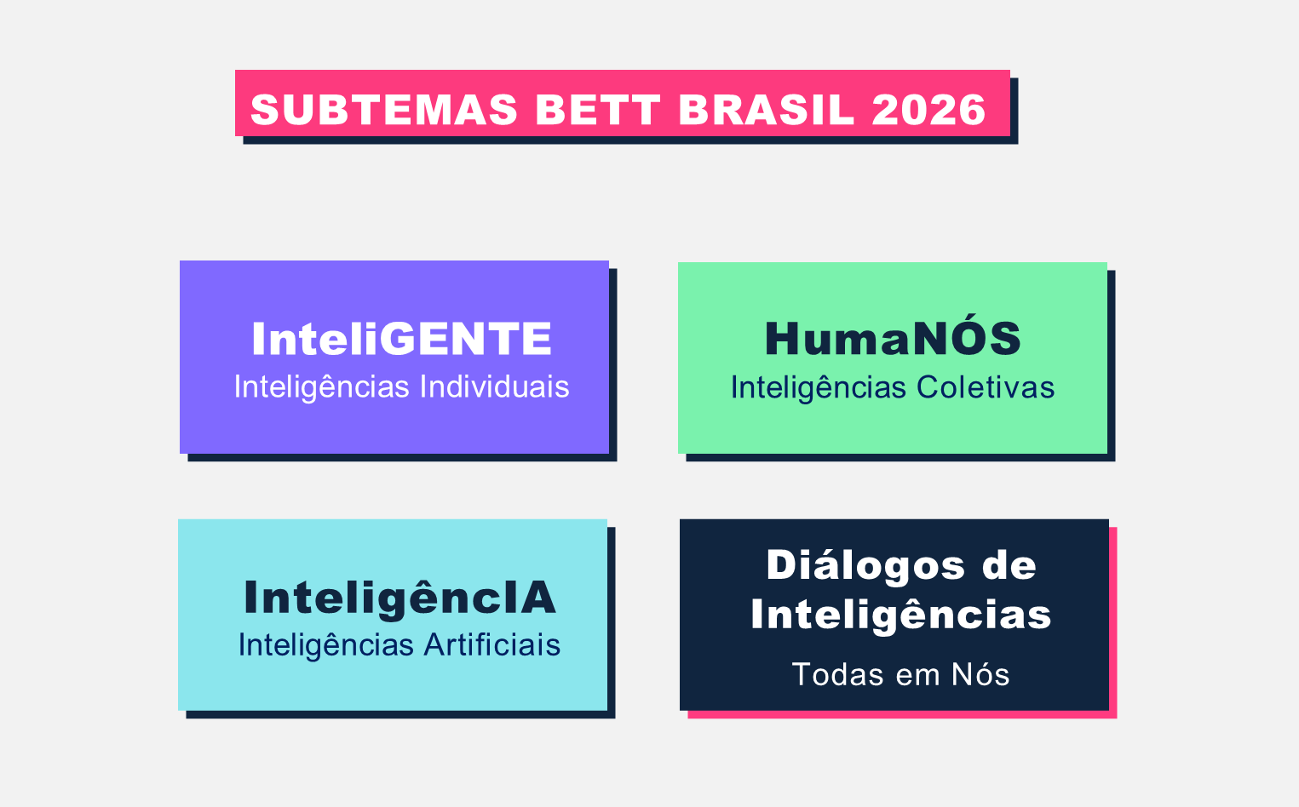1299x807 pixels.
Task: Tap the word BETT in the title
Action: coord(598,110)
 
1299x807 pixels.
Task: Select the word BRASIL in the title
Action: coord(766,110)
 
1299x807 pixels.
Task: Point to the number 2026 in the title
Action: coord(928,110)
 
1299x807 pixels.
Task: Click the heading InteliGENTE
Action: coord(401,339)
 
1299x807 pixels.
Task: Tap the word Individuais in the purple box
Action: coord(494,386)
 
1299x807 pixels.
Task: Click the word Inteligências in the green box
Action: coord(819,388)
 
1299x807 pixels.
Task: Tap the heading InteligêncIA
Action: coord(399,598)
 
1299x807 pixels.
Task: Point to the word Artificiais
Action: coord(491,645)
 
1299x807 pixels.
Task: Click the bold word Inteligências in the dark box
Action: coord(901,615)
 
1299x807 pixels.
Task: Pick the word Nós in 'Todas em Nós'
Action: coord(980,674)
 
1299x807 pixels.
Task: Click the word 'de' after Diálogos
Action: coord(1009,565)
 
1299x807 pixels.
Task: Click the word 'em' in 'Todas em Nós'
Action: coord(918,677)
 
